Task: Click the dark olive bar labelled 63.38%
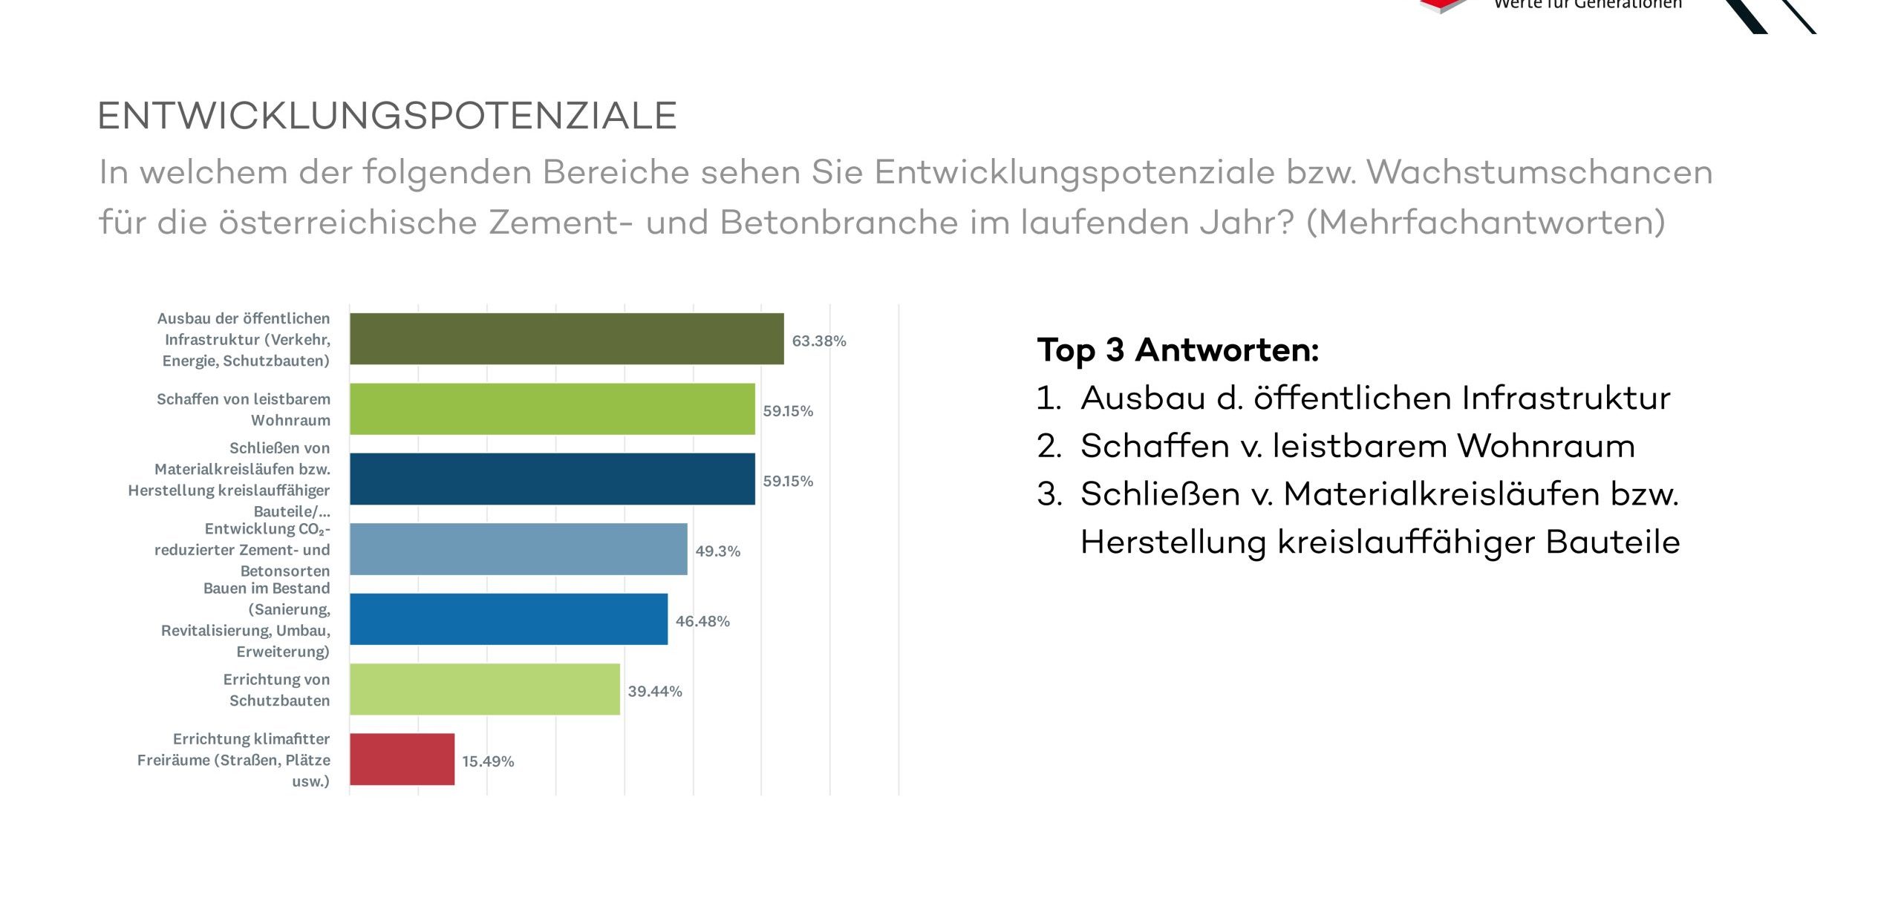pos(567,339)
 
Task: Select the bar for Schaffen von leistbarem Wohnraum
pos(552,409)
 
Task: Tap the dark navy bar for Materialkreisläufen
pos(552,479)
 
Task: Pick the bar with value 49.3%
pos(518,549)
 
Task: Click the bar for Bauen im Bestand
pos(509,619)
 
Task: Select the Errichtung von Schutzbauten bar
pos(485,689)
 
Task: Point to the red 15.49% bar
pos(402,759)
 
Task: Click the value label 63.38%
pos(819,341)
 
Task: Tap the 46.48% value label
pos(702,621)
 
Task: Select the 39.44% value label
pos(655,691)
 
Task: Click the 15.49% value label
pos(488,761)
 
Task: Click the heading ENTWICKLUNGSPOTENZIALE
pos(387,116)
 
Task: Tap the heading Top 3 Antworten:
pos(1178,350)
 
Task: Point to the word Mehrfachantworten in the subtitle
pos(1485,222)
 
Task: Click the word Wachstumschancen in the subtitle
pos(1539,172)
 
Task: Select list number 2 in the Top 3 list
pos(1049,446)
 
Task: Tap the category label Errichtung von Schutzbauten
pos(276,689)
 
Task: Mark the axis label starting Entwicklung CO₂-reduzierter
pos(242,549)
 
